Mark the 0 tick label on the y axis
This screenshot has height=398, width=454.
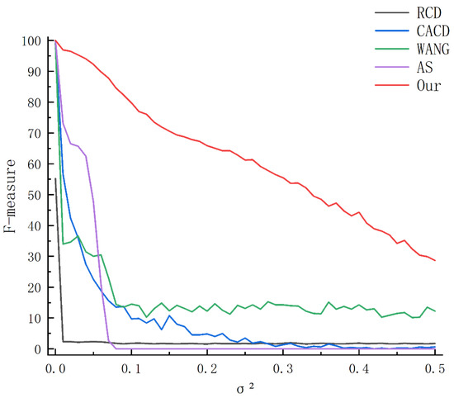[x=38, y=348]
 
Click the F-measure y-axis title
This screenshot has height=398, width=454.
[x=12, y=195]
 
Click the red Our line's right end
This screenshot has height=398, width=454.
[x=435, y=260]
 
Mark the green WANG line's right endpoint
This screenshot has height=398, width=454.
[x=435, y=310]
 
